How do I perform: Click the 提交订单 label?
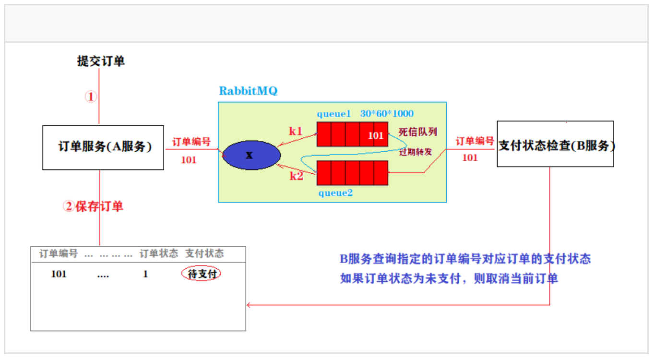101,61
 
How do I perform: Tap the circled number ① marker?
91,97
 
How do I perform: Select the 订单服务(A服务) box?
103,147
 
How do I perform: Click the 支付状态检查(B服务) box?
555,144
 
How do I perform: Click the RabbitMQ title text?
248,91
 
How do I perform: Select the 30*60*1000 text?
387,114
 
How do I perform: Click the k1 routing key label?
296,130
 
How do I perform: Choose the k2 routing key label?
296,176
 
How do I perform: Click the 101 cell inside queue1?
376,135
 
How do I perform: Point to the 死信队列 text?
417,132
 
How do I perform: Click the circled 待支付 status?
202,274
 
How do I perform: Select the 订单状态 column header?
158,253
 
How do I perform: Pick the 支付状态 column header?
204,253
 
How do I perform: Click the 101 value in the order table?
59,275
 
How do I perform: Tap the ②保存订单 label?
93,206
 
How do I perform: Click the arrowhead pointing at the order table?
249,305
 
